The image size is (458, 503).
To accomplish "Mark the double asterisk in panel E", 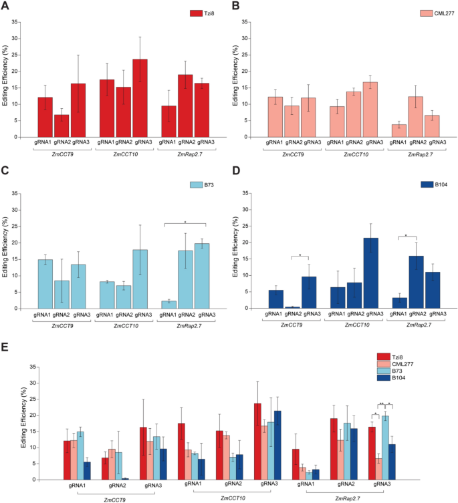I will (381, 404).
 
